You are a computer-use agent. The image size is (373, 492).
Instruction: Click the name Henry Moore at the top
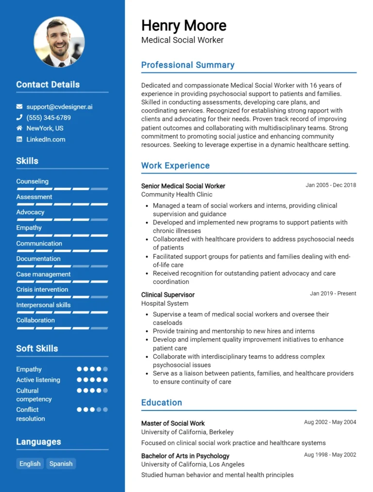tap(184, 25)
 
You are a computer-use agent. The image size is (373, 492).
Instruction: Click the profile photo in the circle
tap(59, 42)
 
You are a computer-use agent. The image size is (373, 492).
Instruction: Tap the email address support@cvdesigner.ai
tap(59, 106)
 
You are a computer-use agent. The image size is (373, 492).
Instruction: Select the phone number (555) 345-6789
tap(49, 117)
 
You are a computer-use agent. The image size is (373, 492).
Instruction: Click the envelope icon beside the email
tap(19, 106)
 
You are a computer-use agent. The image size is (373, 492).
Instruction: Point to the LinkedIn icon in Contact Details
tap(19, 139)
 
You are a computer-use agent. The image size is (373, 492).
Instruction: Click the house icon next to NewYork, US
tap(19, 128)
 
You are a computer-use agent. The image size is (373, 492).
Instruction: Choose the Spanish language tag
tap(61, 463)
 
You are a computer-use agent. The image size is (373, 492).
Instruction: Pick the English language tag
tap(30, 463)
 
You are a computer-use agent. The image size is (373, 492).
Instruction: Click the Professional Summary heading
tap(187, 65)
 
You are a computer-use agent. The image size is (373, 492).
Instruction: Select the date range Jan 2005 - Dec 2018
tap(331, 185)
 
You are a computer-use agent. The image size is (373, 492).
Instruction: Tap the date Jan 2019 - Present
tap(333, 294)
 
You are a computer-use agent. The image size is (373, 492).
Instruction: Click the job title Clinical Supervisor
tap(168, 295)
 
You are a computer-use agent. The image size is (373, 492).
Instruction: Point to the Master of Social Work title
tap(173, 423)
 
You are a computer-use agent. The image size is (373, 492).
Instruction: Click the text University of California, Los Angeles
tap(193, 464)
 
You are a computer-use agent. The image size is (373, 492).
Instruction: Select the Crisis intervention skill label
tap(42, 290)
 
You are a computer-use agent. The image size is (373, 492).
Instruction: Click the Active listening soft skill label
tap(38, 380)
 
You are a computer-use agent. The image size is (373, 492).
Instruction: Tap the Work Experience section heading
tap(175, 165)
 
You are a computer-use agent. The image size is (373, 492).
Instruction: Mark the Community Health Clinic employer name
tap(177, 195)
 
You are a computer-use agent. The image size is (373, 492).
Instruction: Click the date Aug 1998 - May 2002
tap(330, 455)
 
